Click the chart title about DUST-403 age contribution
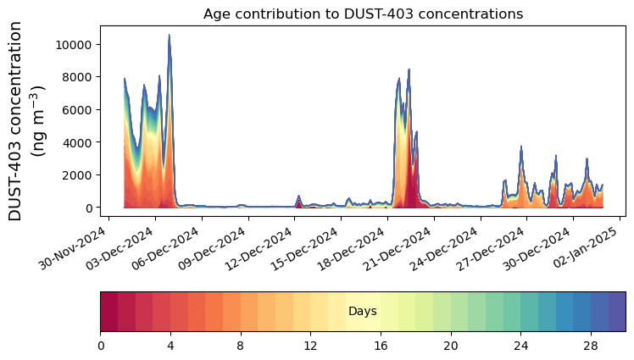pos(363,14)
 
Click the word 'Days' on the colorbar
pos(363,312)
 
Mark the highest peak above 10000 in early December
pos(169,36)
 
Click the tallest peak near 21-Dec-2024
pos(409,70)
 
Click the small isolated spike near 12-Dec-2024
pos(298,197)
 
